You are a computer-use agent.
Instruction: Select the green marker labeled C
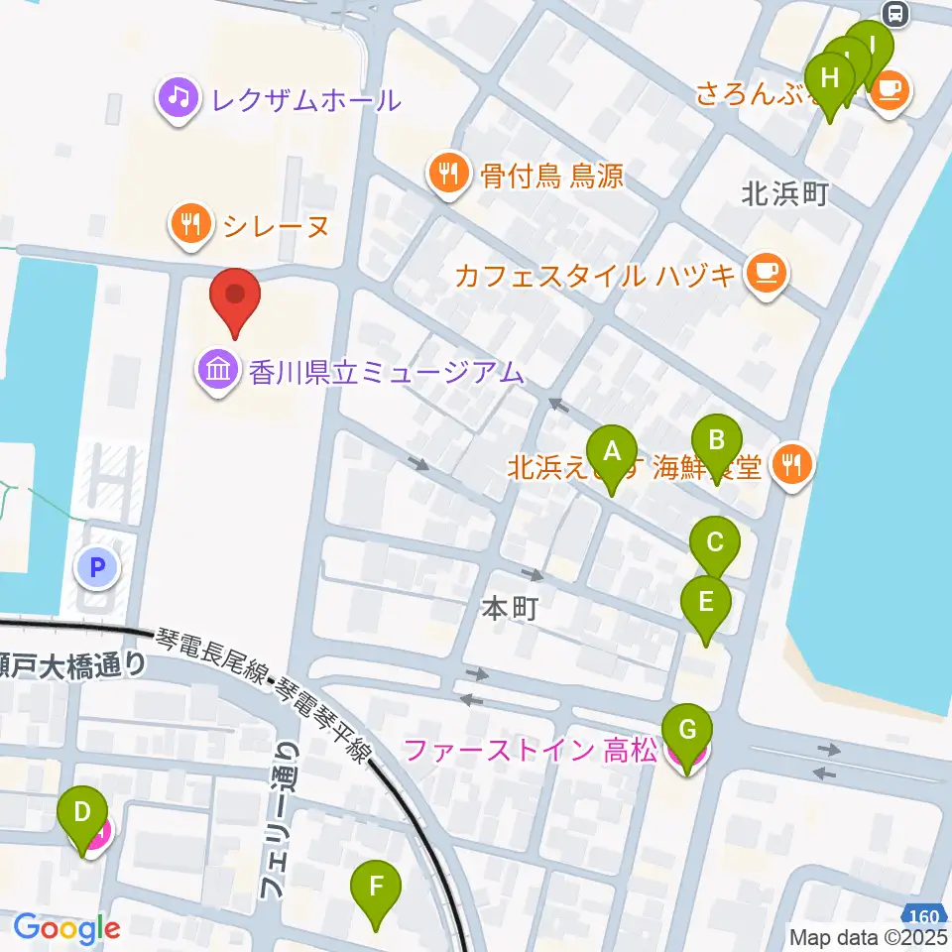[716, 543]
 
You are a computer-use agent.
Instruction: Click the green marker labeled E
[706, 602]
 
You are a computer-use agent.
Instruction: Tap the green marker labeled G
[687, 732]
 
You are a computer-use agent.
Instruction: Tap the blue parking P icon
[97, 568]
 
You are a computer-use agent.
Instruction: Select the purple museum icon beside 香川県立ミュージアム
[217, 373]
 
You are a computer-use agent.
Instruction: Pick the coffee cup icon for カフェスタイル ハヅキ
[765, 273]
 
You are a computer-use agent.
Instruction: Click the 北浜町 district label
[784, 194]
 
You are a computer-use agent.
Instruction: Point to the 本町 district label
[510, 608]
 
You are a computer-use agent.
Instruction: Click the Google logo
[66, 928]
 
